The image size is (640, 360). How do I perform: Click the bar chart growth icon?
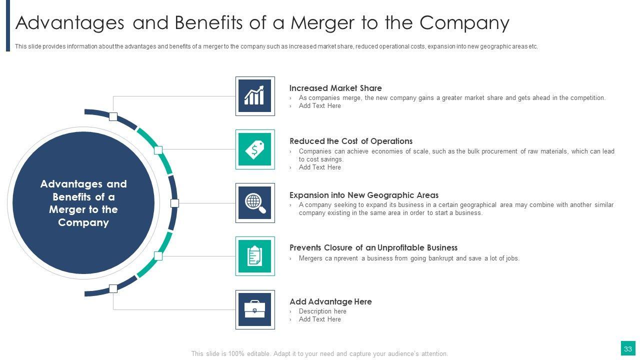(254, 96)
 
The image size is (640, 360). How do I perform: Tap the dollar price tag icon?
(254, 149)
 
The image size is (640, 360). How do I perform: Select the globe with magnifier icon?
(254, 203)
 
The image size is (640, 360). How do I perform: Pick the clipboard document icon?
(254, 256)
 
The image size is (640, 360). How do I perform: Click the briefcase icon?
(254, 309)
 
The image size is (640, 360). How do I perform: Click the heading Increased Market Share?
(335, 88)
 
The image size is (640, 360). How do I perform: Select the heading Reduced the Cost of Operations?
(351, 141)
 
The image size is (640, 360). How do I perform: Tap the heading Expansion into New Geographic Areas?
(364, 195)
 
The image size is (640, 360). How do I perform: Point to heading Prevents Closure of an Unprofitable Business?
(373, 247)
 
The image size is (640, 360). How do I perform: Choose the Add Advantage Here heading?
(330, 301)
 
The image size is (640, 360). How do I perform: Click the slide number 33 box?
(627, 348)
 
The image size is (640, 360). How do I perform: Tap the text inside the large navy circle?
(83, 203)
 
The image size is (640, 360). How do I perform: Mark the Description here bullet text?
(322, 311)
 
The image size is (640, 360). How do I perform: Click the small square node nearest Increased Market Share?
(113, 117)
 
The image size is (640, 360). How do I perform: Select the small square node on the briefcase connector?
(113, 288)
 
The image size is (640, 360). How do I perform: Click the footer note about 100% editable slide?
(319, 353)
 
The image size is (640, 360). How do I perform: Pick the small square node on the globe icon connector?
(174, 203)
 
